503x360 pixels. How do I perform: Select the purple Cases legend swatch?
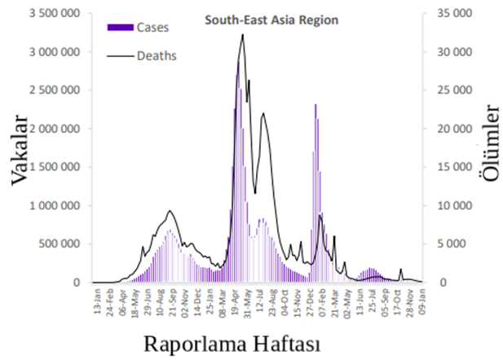[121, 28]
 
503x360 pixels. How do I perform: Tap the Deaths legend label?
[157, 55]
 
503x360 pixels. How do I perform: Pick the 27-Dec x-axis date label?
[311, 302]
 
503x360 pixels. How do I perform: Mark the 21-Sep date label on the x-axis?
[173, 302]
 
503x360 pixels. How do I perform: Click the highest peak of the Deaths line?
[242, 34]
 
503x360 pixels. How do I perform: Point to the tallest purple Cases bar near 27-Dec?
[315, 105]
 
